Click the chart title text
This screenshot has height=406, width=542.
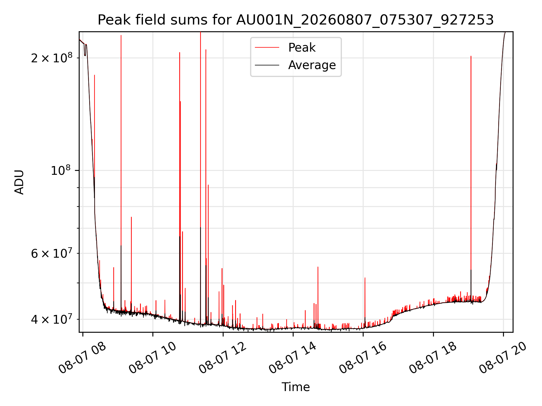click(x=296, y=20)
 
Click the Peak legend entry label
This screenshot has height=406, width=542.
click(x=302, y=48)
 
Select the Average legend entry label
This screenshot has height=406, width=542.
click(x=312, y=65)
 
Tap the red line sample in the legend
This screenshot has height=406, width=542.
click(x=267, y=48)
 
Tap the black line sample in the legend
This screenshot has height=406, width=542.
click(x=267, y=65)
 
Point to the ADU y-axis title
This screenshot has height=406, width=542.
click(x=19, y=182)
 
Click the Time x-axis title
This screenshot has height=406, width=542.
click(x=296, y=387)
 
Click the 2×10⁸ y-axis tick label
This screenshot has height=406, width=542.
click(x=52, y=58)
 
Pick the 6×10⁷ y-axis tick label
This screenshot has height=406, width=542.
click(x=52, y=253)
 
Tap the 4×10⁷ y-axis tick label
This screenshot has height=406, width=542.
click(x=52, y=319)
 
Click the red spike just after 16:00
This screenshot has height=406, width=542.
click(x=365, y=302)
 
